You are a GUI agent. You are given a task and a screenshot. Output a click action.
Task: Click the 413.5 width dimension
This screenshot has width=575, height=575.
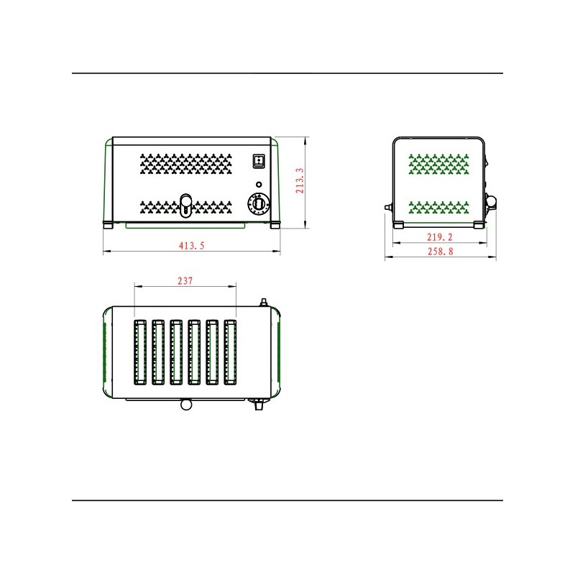click(191, 246)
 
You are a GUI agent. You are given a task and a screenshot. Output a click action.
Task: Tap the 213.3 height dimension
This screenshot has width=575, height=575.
click(300, 181)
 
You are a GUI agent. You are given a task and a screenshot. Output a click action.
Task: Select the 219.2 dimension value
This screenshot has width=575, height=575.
click(440, 237)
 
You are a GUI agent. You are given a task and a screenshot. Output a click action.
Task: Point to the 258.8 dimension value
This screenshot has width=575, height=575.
click(441, 251)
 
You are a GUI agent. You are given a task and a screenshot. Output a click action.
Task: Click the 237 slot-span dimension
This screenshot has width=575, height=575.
click(185, 281)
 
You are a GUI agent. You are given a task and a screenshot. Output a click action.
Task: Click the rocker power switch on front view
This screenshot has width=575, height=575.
click(259, 160)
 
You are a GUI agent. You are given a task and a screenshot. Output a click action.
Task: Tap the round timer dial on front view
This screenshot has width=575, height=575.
click(259, 204)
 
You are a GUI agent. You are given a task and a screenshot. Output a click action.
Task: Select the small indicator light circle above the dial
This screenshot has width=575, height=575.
click(259, 185)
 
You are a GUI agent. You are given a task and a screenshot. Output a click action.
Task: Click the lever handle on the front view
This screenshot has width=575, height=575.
click(186, 205)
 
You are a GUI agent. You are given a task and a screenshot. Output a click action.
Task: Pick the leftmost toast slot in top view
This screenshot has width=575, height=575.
click(140, 352)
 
